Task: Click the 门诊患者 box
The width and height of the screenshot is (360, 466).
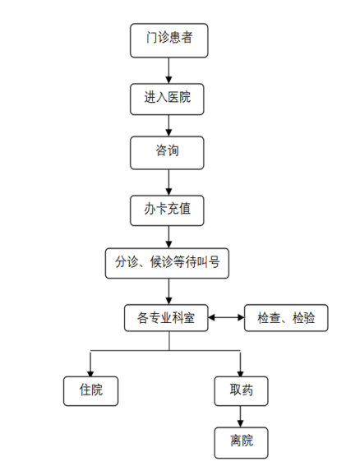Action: click(x=168, y=40)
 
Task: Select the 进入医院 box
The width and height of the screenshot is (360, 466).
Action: click(x=167, y=99)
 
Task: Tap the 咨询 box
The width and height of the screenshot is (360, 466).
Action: click(x=167, y=153)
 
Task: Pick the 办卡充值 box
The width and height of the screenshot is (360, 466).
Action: click(x=167, y=210)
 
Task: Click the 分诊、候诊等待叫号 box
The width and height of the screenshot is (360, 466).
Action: click(x=167, y=263)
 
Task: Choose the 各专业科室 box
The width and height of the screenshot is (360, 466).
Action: click(x=166, y=318)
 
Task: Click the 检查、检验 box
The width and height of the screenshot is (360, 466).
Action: click(x=286, y=318)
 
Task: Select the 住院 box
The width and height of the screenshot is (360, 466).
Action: click(x=90, y=391)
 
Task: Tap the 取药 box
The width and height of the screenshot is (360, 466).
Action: click(x=241, y=391)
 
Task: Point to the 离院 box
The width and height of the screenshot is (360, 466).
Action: click(x=241, y=443)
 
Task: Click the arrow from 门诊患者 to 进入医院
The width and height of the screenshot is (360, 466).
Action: click(x=168, y=71)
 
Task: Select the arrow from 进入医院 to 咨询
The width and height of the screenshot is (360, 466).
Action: click(x=168, y=126)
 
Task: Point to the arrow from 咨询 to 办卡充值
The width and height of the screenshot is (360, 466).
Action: click(x=168, y=182)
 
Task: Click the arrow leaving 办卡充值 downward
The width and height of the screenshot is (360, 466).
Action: click(x=168, y=237)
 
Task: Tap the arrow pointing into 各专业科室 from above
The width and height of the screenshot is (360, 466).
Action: click(x=168, y=291)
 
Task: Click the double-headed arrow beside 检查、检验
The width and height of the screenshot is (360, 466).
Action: click(x=226, y=317)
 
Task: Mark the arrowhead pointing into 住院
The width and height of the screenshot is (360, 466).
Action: click(x=90, y=374)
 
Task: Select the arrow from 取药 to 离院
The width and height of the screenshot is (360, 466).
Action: click(x=241, y=417)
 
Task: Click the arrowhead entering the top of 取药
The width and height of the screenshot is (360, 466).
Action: click(x=241, y=374)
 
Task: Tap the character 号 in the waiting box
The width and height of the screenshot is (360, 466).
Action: click(x=214, y=262)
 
